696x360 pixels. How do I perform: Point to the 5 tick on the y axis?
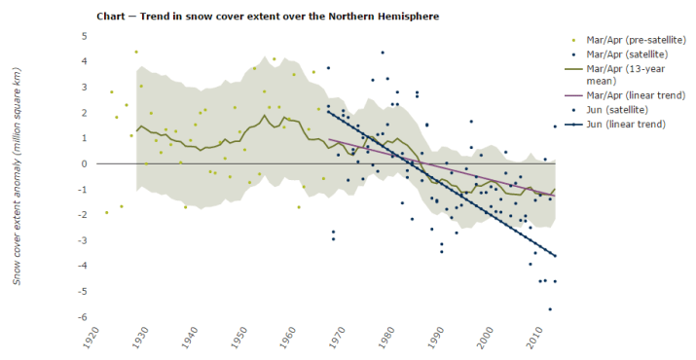click(x=85, y=36)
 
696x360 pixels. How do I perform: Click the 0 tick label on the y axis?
click(x=85, y=163)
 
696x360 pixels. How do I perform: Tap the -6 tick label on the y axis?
click(x=83, y=317)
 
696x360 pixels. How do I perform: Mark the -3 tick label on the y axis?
click(x=83, y=240)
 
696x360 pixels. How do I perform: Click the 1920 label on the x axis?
click(x=90, y=342)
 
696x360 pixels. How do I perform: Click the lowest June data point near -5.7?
click(x=550, y=309)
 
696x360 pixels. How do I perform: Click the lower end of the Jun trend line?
click(x=555, y=256)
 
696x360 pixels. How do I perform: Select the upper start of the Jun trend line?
click(x=329, y=112)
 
